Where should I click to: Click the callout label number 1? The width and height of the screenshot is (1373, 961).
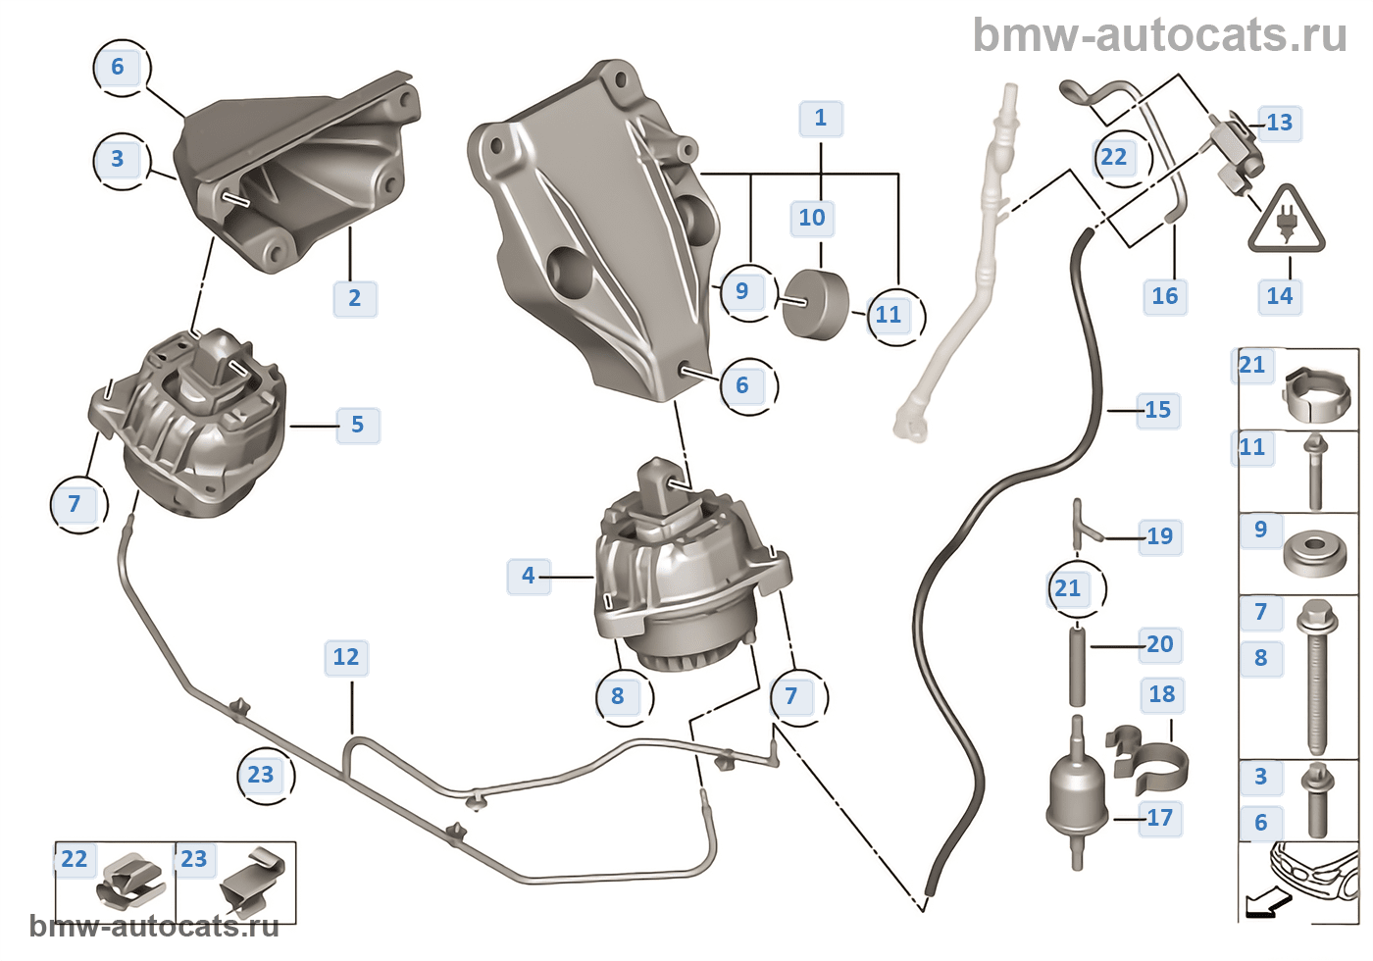point(821,119)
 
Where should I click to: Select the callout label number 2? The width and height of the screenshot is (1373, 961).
point(354,298)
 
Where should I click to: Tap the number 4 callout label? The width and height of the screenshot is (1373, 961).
point(529,576)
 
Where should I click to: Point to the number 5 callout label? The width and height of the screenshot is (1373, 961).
point(357,426)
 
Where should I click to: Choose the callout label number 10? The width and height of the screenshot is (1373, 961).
point(812,218)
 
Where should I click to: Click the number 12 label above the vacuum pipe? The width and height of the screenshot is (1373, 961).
point(346,657)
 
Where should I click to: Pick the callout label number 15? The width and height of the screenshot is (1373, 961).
point(1158,410)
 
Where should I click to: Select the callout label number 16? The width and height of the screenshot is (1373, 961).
point(1165,296)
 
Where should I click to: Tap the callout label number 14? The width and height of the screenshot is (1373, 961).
point(1280,296)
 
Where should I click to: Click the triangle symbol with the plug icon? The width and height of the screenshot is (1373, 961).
point(1286,222)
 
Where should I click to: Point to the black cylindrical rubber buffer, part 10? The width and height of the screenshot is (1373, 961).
point(815,304)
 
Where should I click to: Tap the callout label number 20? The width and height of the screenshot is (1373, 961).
point(1160,644)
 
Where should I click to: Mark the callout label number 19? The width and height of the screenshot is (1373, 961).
point(1160,536)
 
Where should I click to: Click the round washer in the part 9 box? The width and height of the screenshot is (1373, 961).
point(1313,556)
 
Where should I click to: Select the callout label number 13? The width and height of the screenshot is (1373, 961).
point(1280,124)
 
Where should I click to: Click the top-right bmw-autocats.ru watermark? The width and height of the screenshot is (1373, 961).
point(1159,36)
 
